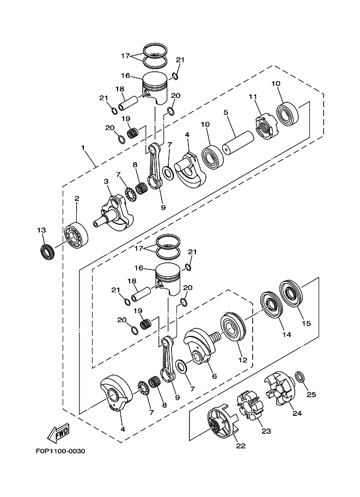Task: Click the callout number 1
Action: (83, 148)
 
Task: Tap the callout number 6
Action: (213, 376)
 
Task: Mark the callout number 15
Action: (306, 323)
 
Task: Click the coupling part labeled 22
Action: (221, 426)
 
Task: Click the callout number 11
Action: (252, 97)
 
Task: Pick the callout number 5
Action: (224, 112)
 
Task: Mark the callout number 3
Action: (107, 181)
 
